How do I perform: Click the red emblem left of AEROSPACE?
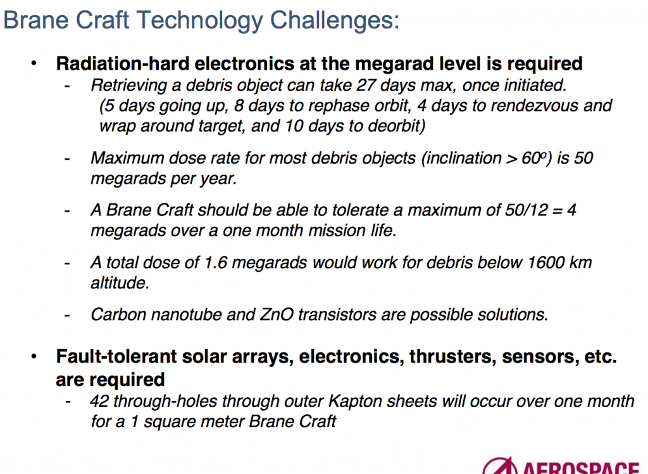[499, 468]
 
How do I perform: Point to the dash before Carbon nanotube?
[67, 315]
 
